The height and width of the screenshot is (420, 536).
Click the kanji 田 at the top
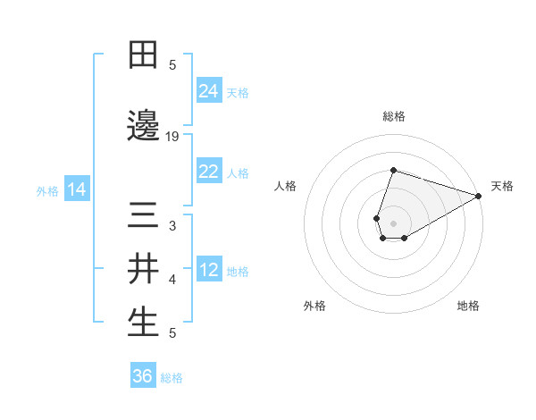pos(144,55)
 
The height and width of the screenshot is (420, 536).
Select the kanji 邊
pos(144,126)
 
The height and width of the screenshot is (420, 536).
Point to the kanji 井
pos(144,269)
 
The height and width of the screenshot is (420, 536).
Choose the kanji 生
pos(144,323)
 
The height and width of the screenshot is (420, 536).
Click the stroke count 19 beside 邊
pos(172,136)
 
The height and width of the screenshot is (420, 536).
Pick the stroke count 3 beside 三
pos(172,227)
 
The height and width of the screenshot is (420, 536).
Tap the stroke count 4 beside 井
pos(172,280)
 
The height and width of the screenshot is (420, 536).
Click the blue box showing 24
pos(209,91)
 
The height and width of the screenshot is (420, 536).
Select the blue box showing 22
pos(209,172)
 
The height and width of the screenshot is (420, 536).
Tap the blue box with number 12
pos(209,271)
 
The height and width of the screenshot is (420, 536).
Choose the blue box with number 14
pos(77,189)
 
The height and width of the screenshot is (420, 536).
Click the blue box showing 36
pos(143,376)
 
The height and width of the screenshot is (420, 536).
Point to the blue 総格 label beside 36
pos(172,378)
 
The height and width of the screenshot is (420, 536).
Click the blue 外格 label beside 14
pos(47,191)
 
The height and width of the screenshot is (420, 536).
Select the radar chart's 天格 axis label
pos(502,186)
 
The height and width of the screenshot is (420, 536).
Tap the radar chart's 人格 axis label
pos(286,186)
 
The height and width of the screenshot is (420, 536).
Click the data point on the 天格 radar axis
pos(479,196)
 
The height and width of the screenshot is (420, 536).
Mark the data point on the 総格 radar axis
pos(393,170)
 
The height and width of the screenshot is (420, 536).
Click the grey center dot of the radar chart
pos(393,223)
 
